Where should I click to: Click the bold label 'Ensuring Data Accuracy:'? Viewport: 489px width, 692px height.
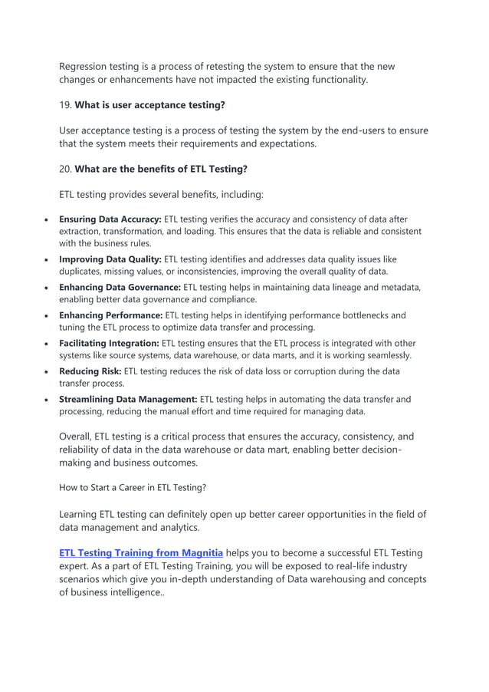[110, 219]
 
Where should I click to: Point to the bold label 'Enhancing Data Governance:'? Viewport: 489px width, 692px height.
[120, 288]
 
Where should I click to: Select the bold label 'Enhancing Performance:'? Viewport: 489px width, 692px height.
[110, 315]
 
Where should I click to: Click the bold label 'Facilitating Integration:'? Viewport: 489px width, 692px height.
[110, 343]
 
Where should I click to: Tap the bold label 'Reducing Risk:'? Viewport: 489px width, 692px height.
[90, 371]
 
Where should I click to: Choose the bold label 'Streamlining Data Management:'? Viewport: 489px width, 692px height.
[128, 399]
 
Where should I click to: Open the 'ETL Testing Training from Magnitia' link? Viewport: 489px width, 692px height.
[141, 552]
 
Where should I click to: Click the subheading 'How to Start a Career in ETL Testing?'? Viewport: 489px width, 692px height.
[133, 486]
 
